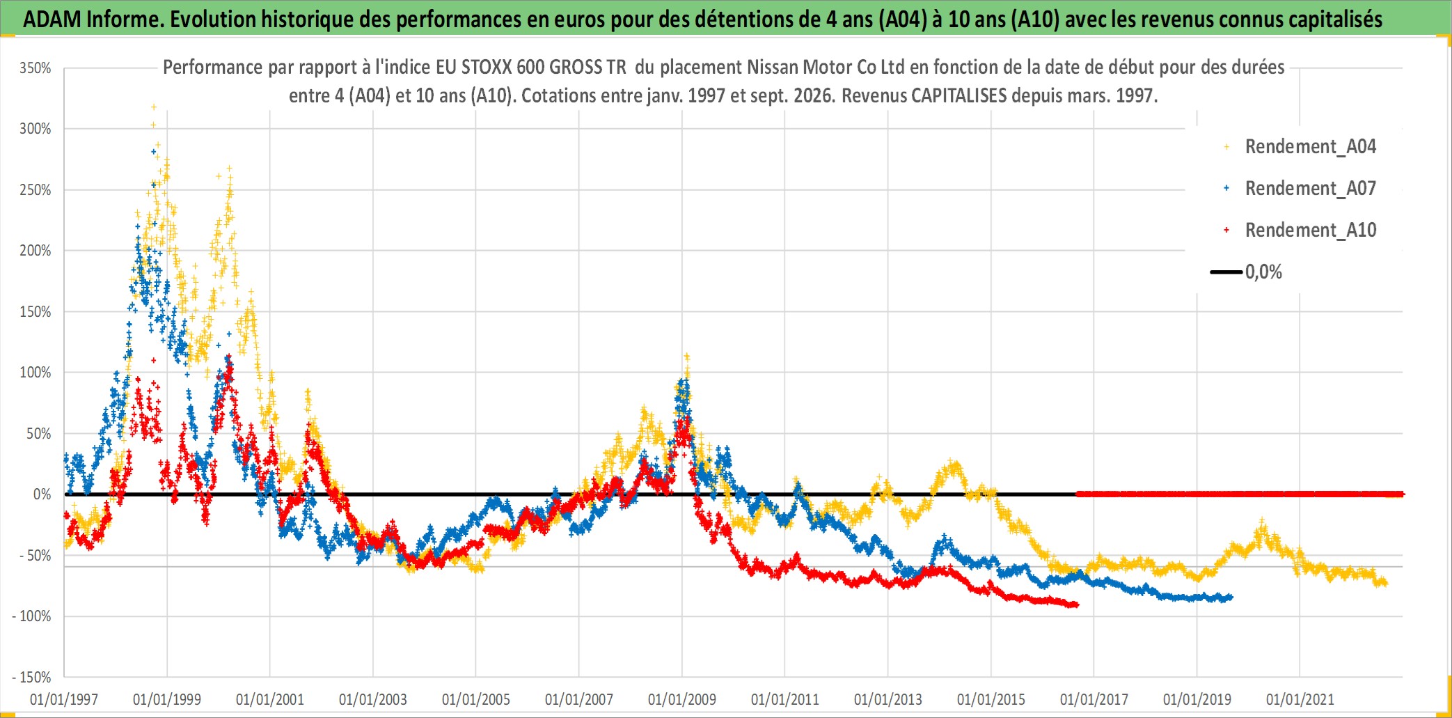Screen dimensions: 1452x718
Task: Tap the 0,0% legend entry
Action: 1247,272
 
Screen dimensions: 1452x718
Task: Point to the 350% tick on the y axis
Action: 35,68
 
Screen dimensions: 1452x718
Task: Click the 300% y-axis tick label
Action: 35,129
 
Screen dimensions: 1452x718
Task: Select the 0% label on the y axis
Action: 42,494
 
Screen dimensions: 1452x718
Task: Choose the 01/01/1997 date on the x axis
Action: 64,699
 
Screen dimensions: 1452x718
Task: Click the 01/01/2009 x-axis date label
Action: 682,699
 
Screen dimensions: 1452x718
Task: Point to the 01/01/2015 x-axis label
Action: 991,699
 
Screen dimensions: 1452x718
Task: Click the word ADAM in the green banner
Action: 52,19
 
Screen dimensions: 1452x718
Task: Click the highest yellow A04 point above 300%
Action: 154,107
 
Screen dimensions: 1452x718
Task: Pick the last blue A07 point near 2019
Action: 1231,597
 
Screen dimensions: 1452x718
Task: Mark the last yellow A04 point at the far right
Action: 1385,584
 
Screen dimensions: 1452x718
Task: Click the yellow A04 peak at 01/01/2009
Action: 687,356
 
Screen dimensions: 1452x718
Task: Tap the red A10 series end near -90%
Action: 1077,604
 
